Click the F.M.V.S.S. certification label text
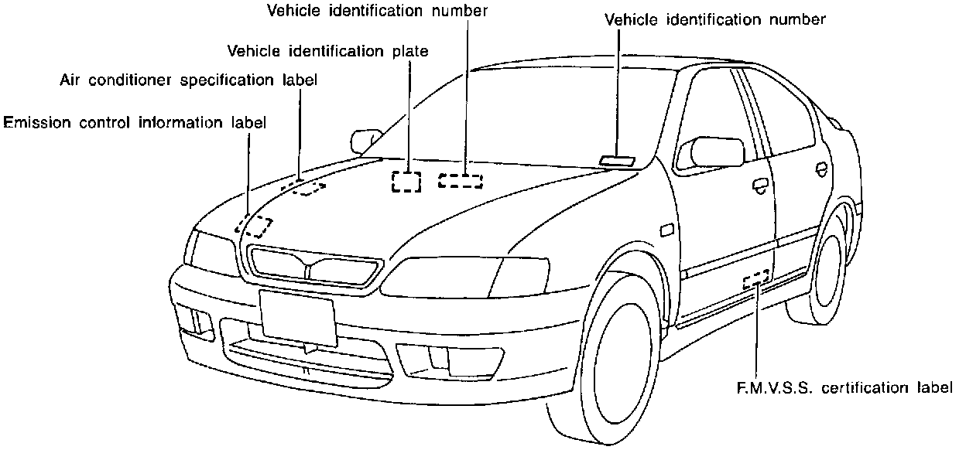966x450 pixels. pos(843,387)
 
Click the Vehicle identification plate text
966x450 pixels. pos(328,51)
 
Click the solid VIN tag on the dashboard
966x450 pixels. pos(617,161)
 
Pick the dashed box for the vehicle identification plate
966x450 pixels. pos(406,181)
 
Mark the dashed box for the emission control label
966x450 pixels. pos(255,227)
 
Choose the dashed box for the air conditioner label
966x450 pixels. pos(307,186)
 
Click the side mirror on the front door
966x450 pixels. pos(711,152)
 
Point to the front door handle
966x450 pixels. pos(760,184)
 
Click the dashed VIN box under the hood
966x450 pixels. pos(461,181)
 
